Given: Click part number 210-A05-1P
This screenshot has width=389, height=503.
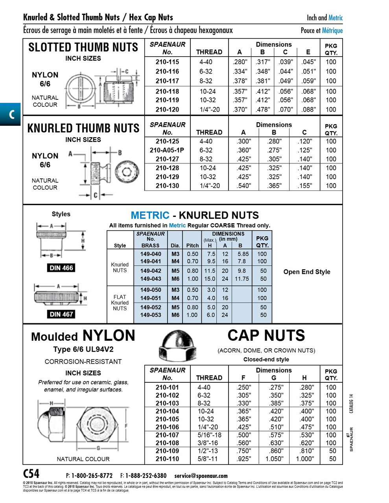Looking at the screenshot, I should [167, 150].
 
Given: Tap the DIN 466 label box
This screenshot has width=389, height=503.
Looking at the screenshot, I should [61, 268].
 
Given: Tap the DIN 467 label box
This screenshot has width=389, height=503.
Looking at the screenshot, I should [61, 314].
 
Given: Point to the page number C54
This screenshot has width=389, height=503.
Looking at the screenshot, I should [31, 474].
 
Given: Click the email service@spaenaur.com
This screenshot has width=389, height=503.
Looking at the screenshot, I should [201, 475].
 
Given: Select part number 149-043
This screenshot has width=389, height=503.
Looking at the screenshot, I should [151, 279].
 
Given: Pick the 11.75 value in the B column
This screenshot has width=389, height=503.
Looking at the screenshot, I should [242, 279].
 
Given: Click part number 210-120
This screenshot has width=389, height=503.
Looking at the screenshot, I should [167, 110].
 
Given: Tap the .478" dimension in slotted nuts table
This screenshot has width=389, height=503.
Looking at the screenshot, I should [262, 110].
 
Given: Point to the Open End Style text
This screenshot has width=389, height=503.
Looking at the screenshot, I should [307, 272].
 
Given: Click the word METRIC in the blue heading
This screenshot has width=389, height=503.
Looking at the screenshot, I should [150, 215].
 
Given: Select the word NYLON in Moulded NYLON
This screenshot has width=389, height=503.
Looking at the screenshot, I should [109, 336].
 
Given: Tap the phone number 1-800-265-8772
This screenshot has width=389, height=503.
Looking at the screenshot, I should [92, 475].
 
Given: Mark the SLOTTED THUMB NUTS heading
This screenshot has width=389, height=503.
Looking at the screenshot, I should [83, 48].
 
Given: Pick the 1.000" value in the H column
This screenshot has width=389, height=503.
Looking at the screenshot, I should [304, 459].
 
